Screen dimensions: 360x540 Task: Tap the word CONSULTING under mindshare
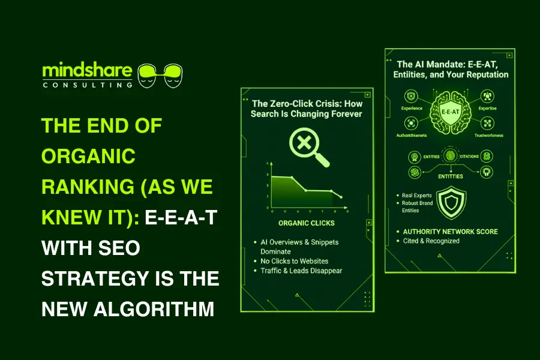[x=88, y=85]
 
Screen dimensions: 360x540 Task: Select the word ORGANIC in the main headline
[x=88, y=156]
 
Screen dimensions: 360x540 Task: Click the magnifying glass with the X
[x=308, y=146]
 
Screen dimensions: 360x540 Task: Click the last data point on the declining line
[x=341, y=197]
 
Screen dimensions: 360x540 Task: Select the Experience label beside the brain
[x=412, y=109]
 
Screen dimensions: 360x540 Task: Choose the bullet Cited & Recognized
[x=431, y=241]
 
